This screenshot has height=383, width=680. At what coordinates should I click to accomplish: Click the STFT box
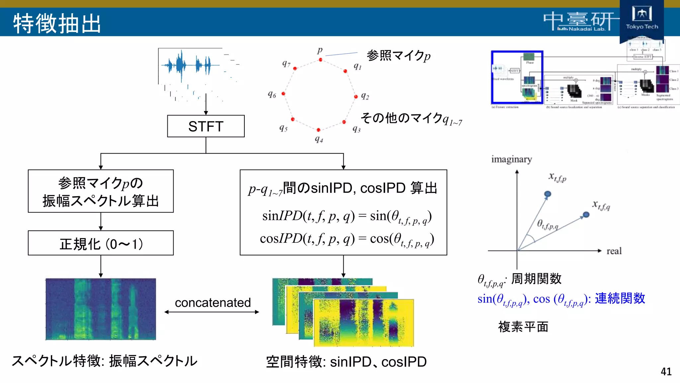pos(206,126)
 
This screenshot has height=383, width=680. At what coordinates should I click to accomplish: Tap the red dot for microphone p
pos(320,60)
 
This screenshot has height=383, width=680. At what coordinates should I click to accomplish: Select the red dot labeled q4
pos(318,130)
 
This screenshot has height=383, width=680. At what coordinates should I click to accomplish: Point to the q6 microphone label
pos(272,95)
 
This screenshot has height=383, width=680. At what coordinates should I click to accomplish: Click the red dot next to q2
pos(356,97)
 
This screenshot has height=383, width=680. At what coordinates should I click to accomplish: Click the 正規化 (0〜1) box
pos(101,243)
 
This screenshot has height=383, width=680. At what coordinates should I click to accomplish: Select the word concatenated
pos(212,303)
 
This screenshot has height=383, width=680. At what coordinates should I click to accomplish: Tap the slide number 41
pos(666,371)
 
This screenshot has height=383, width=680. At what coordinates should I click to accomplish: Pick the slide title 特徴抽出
pos(57,23)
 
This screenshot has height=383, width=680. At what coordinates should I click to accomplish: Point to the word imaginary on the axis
pos(511,159)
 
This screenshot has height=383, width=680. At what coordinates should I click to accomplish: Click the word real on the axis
pos(614,251)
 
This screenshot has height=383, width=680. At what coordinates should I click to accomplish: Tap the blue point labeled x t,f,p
pos(548,194)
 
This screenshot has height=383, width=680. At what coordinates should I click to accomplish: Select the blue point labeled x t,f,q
pos(586,215)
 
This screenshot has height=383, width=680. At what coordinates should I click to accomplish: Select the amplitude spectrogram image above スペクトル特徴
pos(101,309)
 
